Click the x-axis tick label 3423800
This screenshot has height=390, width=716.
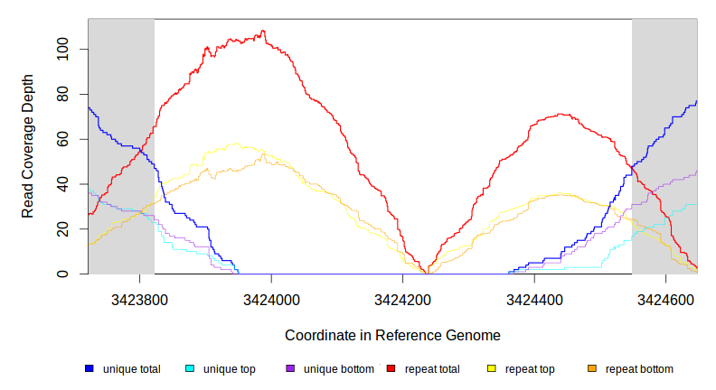coord(139,299)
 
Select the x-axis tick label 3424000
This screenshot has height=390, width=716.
coord(271,299)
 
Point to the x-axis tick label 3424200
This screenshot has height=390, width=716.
coord(402,299)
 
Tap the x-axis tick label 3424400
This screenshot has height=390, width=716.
coord(534,299)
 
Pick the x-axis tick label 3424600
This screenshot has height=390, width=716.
coord(666,299)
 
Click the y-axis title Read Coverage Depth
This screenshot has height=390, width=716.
coord(28,146)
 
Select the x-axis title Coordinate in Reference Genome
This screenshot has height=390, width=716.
coord(392,335)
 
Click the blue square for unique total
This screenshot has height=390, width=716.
coord(89,369)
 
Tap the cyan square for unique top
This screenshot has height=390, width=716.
coord(190,369)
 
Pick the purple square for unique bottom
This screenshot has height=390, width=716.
coord(290,369)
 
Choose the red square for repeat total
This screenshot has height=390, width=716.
coord(391,369)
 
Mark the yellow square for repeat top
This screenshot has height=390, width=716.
coord(492,369)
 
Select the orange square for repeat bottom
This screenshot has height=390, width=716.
coord(592,369)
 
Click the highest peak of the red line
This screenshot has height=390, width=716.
coord(263,31)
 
